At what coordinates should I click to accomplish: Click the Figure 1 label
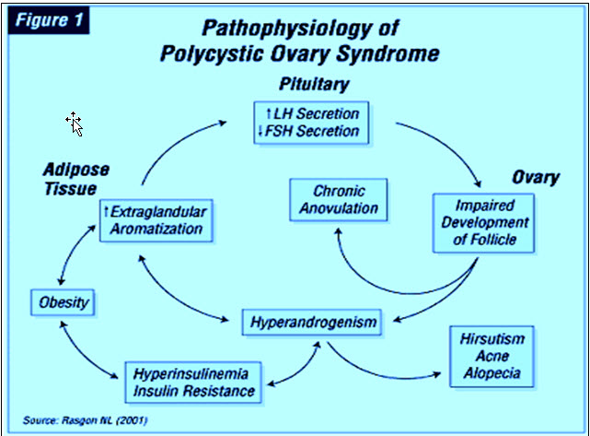tap(48, 20)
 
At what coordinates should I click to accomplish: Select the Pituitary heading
tap(314, 85)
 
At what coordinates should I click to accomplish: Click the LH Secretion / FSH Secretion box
tap(313, 123)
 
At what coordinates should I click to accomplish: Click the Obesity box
tap(62, 301)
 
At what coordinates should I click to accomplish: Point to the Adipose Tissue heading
tap(75, 180)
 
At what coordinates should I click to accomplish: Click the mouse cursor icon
tap(75, 124)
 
